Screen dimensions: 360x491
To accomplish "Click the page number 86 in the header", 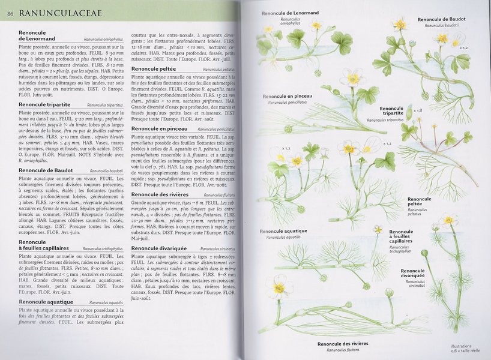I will point(10,13).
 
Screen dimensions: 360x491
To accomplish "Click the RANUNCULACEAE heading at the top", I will point(60,13).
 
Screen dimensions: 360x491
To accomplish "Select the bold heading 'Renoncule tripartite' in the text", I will point(44,104).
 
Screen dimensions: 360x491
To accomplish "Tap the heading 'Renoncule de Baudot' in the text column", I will point(46,170).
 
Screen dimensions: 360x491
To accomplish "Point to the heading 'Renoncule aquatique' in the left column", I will point(46,302).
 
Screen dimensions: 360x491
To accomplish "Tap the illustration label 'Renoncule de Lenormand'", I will point(291,13).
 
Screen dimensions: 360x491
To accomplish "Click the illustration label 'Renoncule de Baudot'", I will point(442,19).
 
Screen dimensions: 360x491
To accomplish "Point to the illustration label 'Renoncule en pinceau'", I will point(287,96).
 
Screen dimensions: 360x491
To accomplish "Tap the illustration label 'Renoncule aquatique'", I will point(284,231).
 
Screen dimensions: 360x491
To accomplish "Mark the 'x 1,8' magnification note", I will point(418,110).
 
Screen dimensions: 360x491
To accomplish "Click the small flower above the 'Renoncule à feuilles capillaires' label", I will point(378,229).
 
